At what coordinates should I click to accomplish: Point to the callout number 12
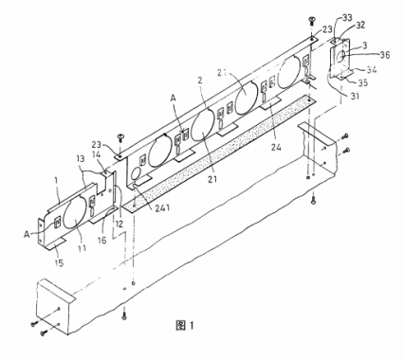[119, 224]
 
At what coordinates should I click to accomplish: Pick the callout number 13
[83, 160]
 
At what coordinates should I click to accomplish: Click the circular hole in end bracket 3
[341, 58]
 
